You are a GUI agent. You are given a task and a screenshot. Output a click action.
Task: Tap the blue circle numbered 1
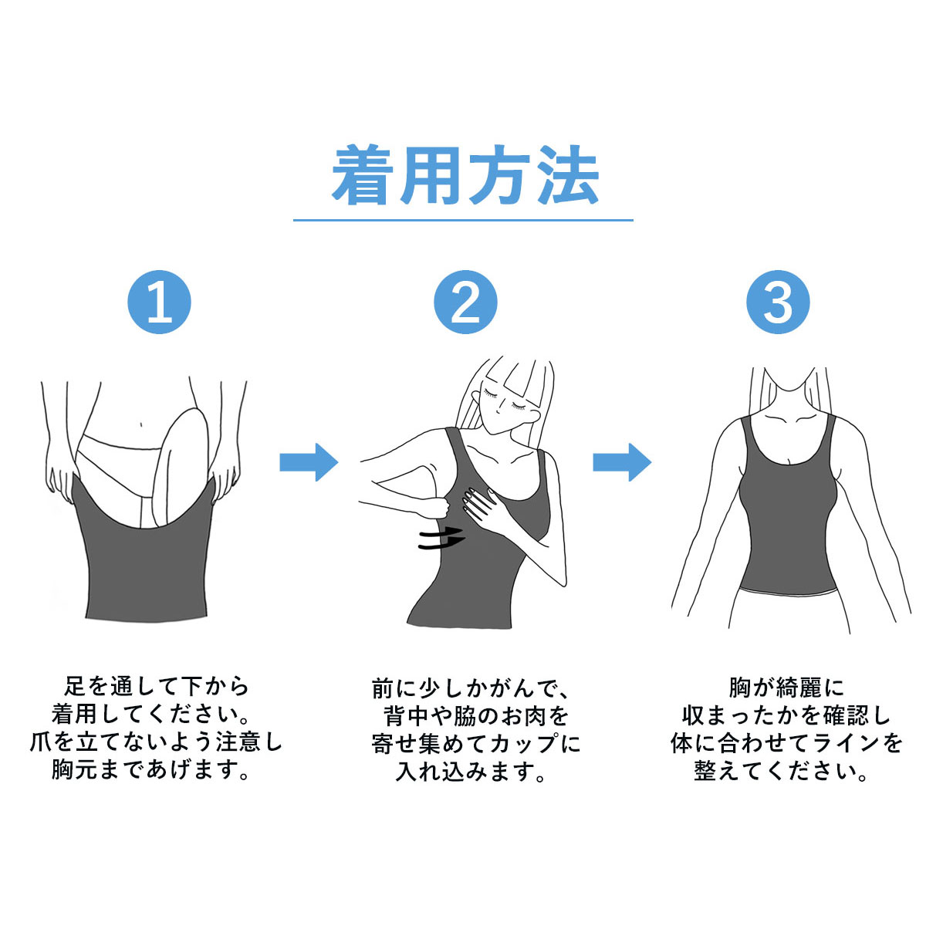[x=159, y=302]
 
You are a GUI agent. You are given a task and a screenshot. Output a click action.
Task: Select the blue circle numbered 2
[x=465, y=302]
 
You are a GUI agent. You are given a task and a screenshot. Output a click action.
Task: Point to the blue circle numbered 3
[x=778, y=302]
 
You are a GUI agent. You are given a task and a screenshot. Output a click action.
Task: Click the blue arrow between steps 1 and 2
[x=309, y=462]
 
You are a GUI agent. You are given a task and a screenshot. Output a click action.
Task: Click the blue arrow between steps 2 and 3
[x=622, y=462]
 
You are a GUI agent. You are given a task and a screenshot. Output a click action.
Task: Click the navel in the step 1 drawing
[x=140, y=424]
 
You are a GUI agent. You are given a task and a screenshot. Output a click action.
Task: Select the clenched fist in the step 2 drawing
[x=435, y=508]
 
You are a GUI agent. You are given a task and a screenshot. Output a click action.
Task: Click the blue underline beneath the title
[x=463, y=220]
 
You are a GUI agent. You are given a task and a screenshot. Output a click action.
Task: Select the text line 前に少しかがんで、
[x=470, y=688]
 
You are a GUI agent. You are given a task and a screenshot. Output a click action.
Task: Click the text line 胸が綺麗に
[x=786, y=688]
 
